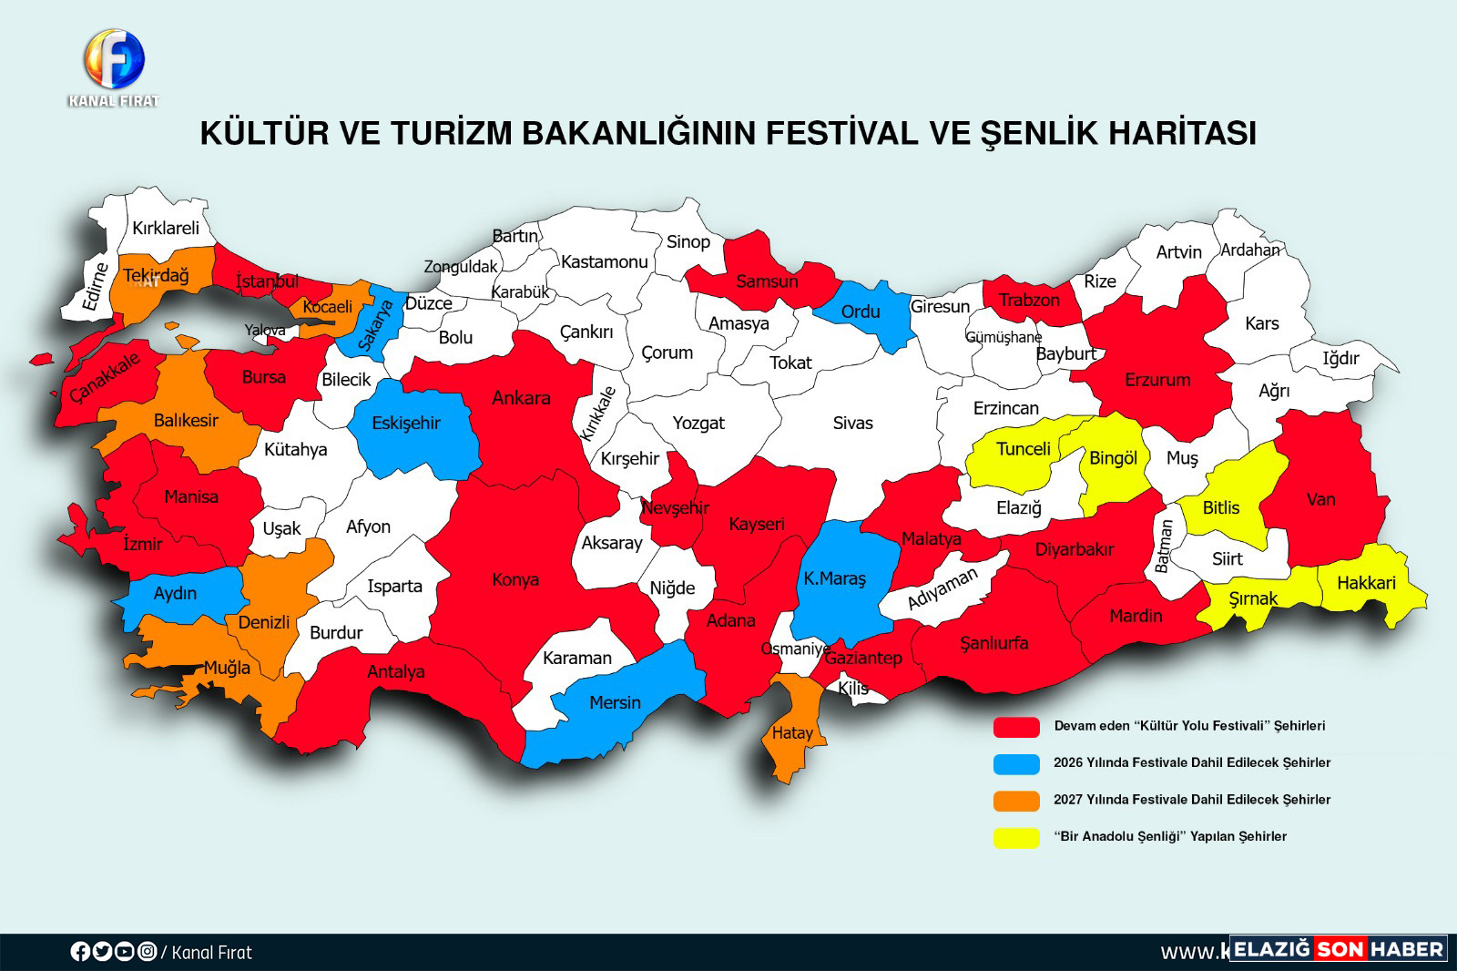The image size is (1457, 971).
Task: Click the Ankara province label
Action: (521, 398)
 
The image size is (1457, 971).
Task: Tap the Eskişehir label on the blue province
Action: (406, 423)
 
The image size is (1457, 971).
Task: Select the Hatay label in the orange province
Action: (791, 732)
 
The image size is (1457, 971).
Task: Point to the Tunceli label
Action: (1024, 449)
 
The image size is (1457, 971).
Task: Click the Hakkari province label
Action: (1366, 583)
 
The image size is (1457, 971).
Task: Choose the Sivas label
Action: (852, 423)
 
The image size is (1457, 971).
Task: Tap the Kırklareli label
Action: (165, 228)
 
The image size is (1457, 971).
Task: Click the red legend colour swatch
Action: (1016, 727)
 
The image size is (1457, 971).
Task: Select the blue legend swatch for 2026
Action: (1016, 763)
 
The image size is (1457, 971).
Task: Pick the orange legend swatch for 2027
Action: (1016, 800)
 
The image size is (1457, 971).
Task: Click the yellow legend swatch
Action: (1016, 837)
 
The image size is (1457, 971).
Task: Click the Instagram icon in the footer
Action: (147, 952)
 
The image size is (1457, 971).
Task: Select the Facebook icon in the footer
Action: (80, 952)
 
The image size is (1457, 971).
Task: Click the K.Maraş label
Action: (834, 578)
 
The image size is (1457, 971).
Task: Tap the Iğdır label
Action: (1340, 358)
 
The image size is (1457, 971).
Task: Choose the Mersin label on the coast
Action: (615, 702)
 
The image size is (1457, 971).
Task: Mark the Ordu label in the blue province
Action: (861, 312)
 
